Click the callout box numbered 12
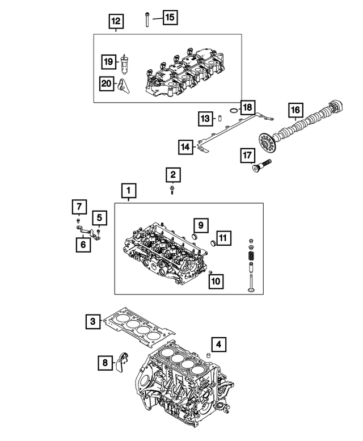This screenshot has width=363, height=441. click(116, 22)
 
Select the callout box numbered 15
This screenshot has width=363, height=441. click(170, 17)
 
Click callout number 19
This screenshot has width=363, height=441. click(108, 60)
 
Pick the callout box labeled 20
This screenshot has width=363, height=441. click(106, 83)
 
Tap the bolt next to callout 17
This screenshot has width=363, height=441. click(260, 166)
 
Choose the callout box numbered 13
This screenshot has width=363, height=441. click(205, 118)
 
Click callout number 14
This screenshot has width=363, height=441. click(185, 147)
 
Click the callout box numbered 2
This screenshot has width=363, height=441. click(173, 174)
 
